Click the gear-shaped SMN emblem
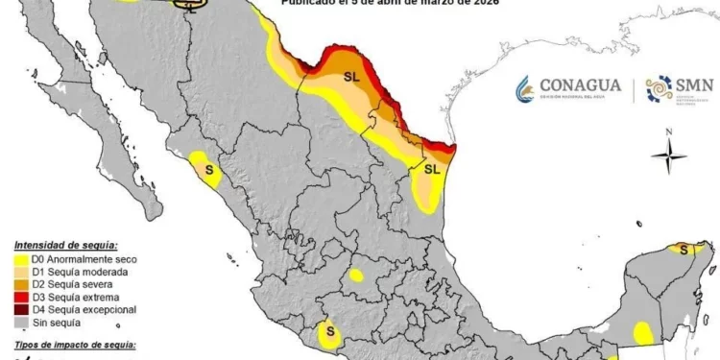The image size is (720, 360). pos(658,89)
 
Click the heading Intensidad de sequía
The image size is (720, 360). pos(65,247)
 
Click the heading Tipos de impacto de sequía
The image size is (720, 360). pos(75,343)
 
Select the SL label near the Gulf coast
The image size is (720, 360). pos(431,169)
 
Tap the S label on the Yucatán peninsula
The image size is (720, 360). pos(684,251)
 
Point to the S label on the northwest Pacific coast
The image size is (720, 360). pos(208,169)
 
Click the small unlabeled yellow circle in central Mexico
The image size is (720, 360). pos(356,276)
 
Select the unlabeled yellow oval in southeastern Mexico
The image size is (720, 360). pos(642,332)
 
